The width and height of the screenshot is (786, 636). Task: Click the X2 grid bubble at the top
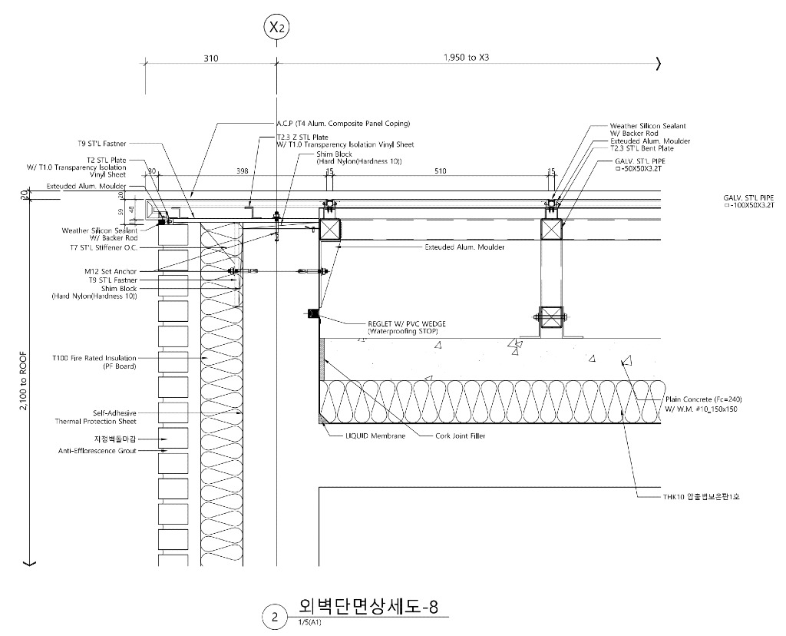tap(276, 28)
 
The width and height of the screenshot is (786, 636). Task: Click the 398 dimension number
tap(243, 172)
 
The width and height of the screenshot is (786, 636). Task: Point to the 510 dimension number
tap(440, 172)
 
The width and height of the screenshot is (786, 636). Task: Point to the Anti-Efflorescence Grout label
tap(97, 451)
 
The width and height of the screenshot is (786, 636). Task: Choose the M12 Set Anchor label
tap(107, 272)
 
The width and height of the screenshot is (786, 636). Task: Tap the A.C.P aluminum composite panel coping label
tap(343, 123)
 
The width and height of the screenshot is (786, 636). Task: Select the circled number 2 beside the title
tap(274, 616)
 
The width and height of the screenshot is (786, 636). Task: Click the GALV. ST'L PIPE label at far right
tap(748, 197)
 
